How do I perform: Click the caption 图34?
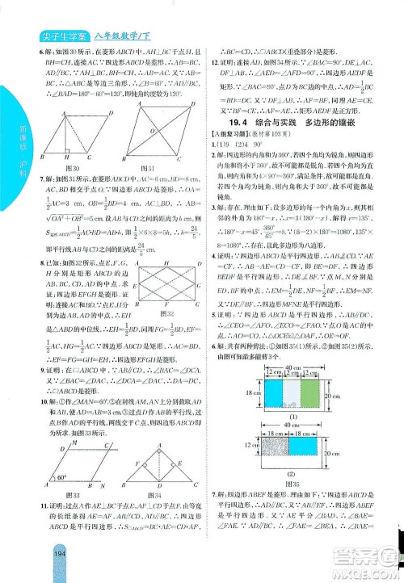coord(162,495)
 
